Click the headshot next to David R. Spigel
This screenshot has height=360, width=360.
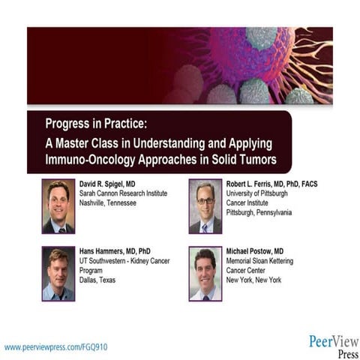[58, 206]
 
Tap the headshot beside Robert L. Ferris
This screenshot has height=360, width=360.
[205, 206]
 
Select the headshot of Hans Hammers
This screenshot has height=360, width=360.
[58, 274]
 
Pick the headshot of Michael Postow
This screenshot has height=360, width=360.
[205, 274]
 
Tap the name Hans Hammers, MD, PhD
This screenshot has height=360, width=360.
[115, 251]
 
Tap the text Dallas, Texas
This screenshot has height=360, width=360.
[98, 280]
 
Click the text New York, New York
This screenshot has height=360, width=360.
[256, 280]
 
